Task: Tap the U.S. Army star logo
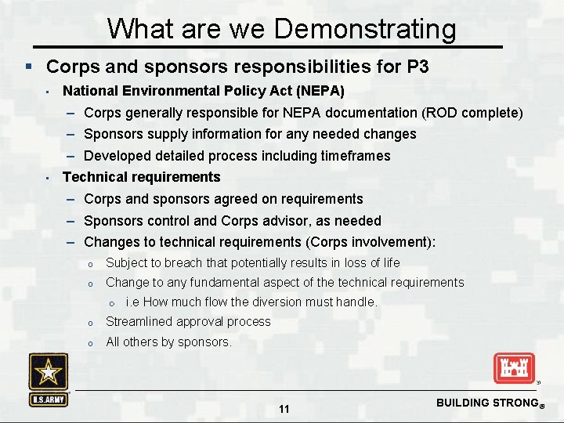click(49, 379)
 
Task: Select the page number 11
click(284, 409)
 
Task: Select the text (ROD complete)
click(472, 113)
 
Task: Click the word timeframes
click(356, 156)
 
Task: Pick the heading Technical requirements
click(141, 177)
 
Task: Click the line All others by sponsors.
click(168, 342)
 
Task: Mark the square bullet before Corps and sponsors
click(28, 67)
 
